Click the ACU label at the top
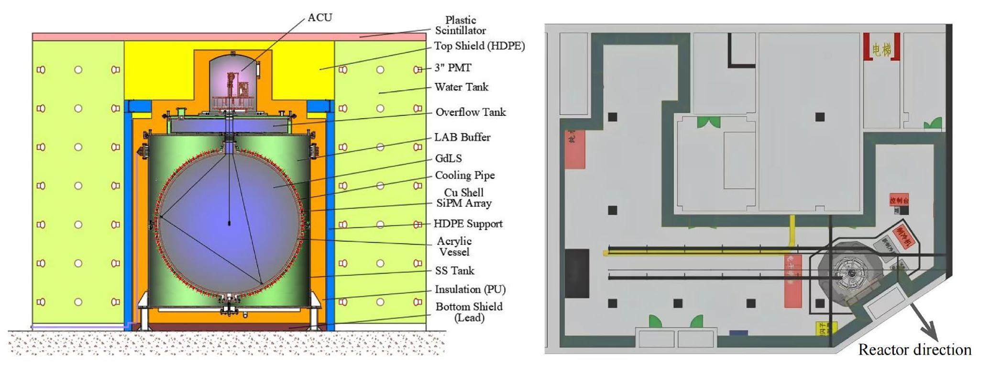(319, 18)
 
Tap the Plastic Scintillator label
(460, 25)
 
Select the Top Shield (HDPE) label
(479, 46)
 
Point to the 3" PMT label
(452, 67)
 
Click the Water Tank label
(461, 87)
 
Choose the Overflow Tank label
(470, 112)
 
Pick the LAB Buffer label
(462, 137)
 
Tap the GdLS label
(448, 158)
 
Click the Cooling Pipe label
(464, 176)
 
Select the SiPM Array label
(463, 203)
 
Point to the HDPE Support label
(468, 224)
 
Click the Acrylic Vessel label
(454, 246)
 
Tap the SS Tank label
(454, 271)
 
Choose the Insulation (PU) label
(470, 290)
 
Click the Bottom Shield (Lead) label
(469, 312)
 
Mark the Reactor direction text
(914, 350)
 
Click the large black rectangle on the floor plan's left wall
(577, 273)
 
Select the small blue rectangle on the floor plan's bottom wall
(738, 333)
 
